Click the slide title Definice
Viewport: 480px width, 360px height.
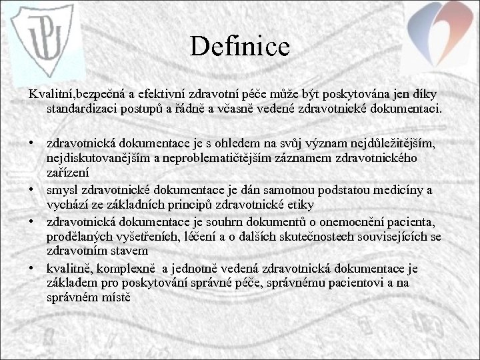(x=239, y=46)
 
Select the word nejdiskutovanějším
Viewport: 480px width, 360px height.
(x=97, y=157)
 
